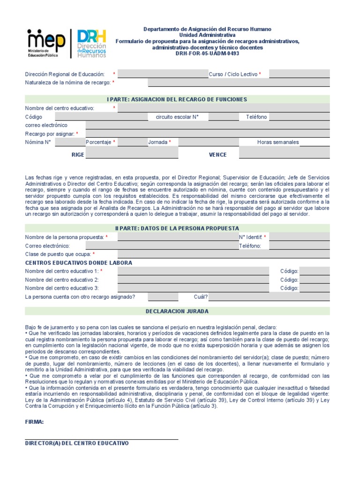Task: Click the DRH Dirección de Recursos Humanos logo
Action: point(91,43)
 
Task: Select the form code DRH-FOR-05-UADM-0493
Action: point(207,53)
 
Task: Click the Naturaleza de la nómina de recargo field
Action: point(239,82)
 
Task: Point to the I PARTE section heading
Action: point(177,99)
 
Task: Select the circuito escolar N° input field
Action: point(224,117)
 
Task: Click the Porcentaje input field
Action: point(133,142)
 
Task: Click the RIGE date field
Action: point(132,154)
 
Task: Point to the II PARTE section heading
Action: point(177,228)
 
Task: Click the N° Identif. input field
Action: point(299,237)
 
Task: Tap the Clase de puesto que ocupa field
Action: point(224,254)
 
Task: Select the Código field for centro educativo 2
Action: point(315,280)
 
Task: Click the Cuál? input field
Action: point(269,297)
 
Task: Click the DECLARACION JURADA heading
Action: point(177,311)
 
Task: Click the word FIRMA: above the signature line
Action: point(34,422)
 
